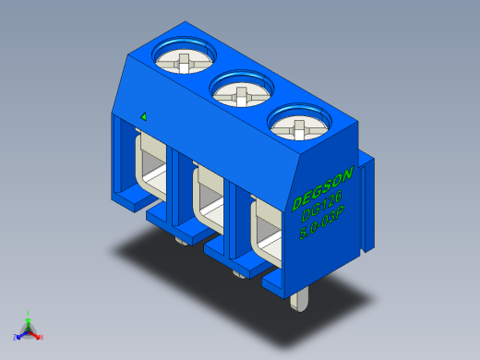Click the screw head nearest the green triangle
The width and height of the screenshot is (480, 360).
click(x=184, y=62)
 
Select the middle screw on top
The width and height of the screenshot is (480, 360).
click(x=241, y=92)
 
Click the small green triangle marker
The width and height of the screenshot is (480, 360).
click(x=143, y=116)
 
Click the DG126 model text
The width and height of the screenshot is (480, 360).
click(x=321, y=205)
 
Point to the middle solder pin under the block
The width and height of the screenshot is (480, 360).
click(x=239, y=273)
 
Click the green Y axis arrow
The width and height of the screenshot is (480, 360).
click(x=29, y=316)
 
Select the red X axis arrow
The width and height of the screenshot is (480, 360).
click(x=39, y=336)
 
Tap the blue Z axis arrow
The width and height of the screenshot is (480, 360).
click(x=18, y=336)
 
